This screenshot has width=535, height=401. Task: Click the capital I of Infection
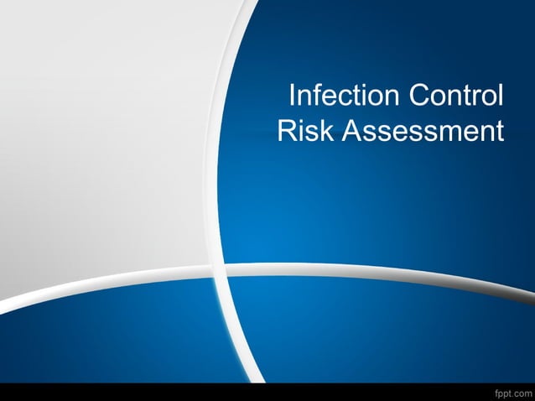tap(292, 96)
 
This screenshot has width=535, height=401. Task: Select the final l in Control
tap(501, 96)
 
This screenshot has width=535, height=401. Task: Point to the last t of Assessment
tap(500, 133)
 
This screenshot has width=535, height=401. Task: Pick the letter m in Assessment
tap(444, 134)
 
